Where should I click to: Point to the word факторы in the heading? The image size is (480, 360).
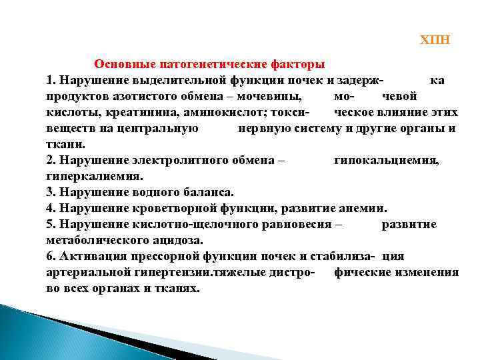pyautogui.click(x=297, y=65)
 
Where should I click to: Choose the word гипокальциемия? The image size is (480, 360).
pyautogui.click(x=386, y=161)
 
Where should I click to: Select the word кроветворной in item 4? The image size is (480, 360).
pyautogui.click(x=167, y=208)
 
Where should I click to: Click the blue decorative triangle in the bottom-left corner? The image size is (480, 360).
pyautogui.click(x=33, y=333)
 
